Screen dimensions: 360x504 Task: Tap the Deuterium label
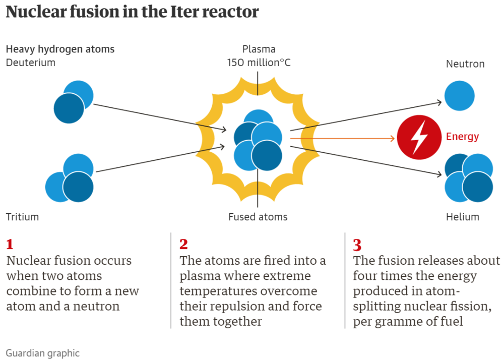click(31, 63)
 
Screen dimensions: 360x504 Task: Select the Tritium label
click(22, 217)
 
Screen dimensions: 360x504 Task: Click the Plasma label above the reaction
click(259, 49)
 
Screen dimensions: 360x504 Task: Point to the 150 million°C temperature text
click(259, 63)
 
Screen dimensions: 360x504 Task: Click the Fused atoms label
click(258, 217)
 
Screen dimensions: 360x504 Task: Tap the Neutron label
click(465, 64)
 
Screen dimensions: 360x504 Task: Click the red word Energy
click(462, 137)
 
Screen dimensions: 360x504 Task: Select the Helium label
click(462, 217)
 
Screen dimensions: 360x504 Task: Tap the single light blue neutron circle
click(459, 95)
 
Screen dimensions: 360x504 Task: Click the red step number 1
click(10, 245)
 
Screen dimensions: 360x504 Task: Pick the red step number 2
click(183, 245)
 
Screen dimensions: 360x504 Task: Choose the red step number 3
click(357, 245)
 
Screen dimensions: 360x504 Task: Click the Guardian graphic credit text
click(43, 353)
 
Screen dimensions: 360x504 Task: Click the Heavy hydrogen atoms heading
click(60, 49)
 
